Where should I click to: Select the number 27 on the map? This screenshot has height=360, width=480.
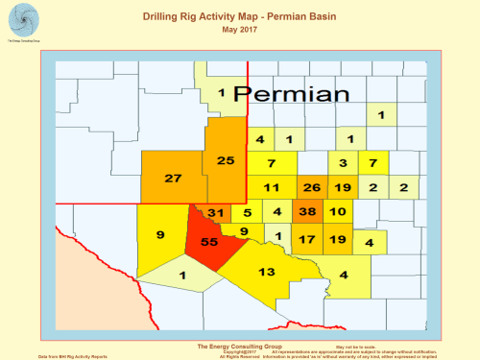tap(173, 179)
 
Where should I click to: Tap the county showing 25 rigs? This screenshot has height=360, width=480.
tap(226, 160)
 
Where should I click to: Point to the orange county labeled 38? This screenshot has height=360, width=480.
tap(307, 212)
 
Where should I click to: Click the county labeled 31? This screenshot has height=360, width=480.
tap(216, 212)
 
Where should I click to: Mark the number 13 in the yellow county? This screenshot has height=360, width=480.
tap(268, 273)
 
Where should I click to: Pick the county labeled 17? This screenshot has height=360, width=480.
tap(307, 239)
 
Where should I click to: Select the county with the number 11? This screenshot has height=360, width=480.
tap(272, 186)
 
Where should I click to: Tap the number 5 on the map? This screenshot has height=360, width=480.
tap(247, 212)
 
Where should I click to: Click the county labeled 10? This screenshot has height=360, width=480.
tap(337, 212)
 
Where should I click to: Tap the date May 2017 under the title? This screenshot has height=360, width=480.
tap(240, 31)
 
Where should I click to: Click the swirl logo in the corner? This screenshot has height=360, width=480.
tap(20, 20)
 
